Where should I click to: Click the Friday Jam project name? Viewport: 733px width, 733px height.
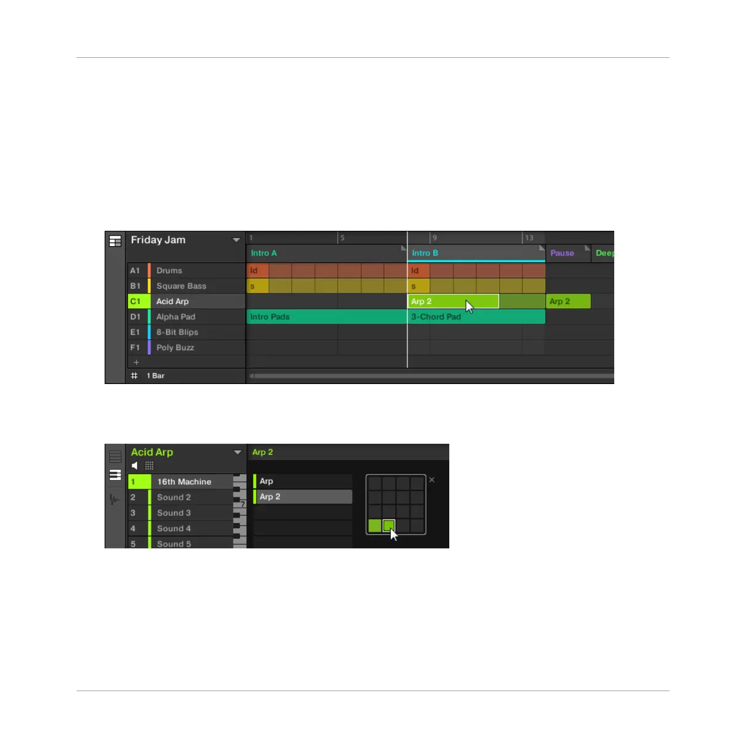pyautogui.click(x=158, y=240)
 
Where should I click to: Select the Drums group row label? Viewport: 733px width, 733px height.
pyautogui.click(x=169, y=271)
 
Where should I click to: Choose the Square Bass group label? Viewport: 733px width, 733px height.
pyautogui.click(x=181, y=286)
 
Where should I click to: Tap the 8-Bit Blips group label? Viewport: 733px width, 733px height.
pyautogui.click(x=177, y=332)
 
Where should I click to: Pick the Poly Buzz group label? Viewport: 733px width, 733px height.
pyautogui.click(x=175, y=348)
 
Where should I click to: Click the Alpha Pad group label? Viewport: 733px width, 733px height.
pyautogui.click(x=175, y=317)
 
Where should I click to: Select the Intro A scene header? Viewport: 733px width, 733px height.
pyautogui.click(x=264, y=253)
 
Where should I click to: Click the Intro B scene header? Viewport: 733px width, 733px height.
pyautogui.click(x=425, y=253)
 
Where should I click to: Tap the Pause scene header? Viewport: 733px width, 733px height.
pyautogui.click(x=562, y=253)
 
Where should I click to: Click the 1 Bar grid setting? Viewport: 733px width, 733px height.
pyautogui.click(x=155, y=375)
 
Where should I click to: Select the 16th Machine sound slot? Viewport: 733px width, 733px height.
pyautogui.click(x=184, y=482)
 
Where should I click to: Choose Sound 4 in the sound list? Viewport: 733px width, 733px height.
pyautogui.click(x=174, y=529)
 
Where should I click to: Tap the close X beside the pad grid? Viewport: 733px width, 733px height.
pyautogui.click(x=432, y=479)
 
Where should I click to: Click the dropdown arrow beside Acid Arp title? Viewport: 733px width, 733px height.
pyautogui.click(x=238, y=452)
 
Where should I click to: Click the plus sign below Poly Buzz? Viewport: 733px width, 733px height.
pyautogui.click(x=137, y=362)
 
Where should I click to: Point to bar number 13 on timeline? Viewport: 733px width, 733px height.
pyautogui.click(x=529, y=238)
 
